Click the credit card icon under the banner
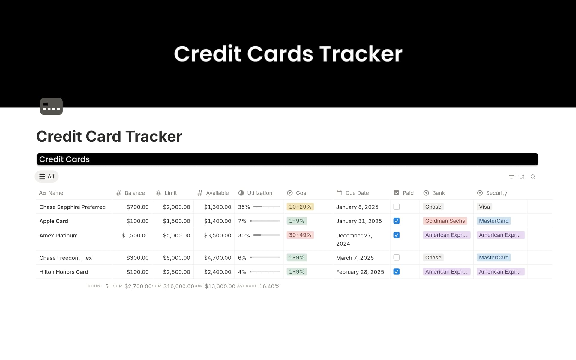click(51, 106)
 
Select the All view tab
click(47, 177)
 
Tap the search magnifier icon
click(533, 177)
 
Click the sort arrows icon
click(522, 177)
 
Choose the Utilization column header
click(259, 193)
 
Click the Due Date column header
click(357, 193)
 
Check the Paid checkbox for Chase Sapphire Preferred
click(396, 207)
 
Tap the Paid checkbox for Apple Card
click(396, 221)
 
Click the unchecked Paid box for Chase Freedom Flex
click(396, 258)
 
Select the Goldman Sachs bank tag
click(445, 221)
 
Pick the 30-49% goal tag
click(300, 235)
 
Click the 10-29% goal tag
click(300, 207)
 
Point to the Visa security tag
click(484, 207)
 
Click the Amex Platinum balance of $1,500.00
click(135, 236)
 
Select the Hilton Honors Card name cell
click(64, 272)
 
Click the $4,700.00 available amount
click(217, 258)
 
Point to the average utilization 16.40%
click(269, 286)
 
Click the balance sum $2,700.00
click(138, 286)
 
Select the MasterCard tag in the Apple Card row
click(493, 221)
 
